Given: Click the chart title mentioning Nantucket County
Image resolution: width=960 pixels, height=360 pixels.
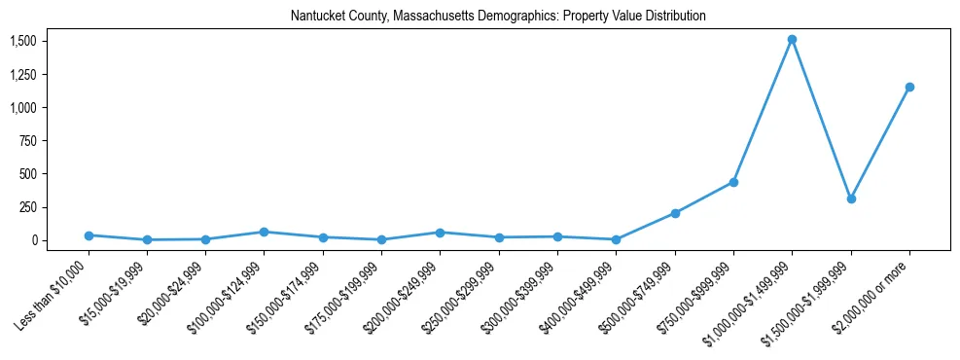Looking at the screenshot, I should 498,17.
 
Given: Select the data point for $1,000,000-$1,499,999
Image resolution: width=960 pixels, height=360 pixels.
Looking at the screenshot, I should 792,40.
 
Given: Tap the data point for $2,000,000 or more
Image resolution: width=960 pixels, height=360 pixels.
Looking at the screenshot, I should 909,88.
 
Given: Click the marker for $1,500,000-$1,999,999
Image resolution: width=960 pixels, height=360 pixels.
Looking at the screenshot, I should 851,198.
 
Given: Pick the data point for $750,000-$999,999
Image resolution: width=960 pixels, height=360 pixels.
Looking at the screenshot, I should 733,182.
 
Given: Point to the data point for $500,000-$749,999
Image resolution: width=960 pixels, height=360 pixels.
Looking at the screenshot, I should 675,213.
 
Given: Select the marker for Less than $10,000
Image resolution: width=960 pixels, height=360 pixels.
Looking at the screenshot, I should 89,235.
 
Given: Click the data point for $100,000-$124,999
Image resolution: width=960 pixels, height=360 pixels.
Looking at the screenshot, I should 264,232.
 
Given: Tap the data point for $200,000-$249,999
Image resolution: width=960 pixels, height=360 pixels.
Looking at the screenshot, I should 440,233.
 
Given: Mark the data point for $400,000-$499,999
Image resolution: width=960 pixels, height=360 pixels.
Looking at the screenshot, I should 616,239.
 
